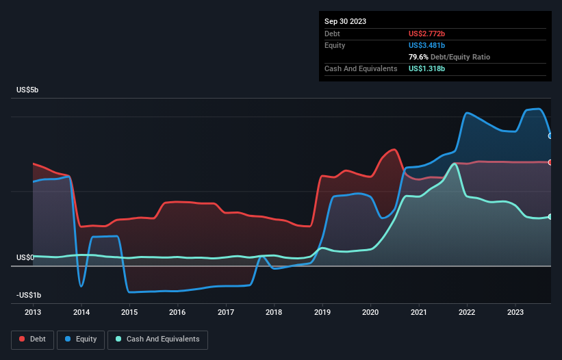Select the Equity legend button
click(81, 339)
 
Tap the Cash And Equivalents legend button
click(157, 339)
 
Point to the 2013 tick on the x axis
click(33, 312)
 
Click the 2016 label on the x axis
click(177, 312)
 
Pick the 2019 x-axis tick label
click(322, 312)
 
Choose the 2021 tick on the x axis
click(419, 312)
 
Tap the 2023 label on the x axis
click(515, 312)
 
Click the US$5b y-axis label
click(28, 90)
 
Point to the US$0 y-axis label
click(25, 257)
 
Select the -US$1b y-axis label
click(29, 295)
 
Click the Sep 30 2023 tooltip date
click(345, 21)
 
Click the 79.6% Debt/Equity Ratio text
click(449, 57)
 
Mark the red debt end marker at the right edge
click(550, 162)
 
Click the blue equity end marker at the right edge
click(550, 136)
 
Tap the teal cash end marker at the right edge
click(550, 216)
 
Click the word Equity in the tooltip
click(335, 45)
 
